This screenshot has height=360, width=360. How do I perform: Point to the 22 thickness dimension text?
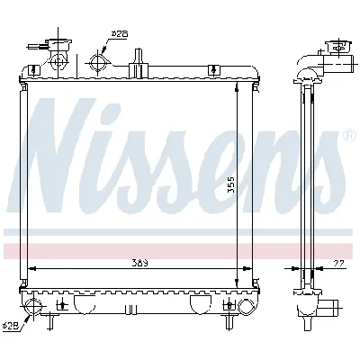[337, 262]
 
